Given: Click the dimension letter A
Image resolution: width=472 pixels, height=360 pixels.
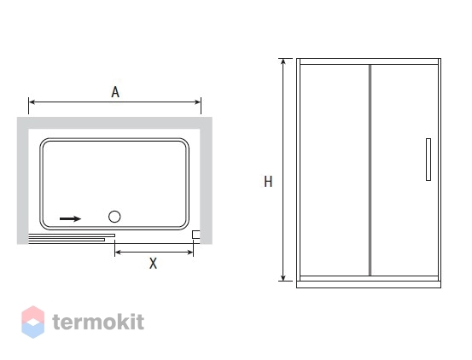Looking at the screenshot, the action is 115,92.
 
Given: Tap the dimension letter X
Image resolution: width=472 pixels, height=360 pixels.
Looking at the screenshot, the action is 154,264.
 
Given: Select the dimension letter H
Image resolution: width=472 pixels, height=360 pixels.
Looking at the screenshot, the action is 268,182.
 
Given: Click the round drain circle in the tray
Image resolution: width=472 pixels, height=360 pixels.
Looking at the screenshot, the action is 114,217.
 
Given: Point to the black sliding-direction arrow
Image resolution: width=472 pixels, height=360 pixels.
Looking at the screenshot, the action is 71,218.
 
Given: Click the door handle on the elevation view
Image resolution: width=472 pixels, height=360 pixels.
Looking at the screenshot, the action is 428,160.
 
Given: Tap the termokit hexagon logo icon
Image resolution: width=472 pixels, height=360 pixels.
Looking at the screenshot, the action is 33,322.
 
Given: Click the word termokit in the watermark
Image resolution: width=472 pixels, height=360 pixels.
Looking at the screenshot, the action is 98,322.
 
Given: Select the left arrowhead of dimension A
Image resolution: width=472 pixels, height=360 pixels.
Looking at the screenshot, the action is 32,102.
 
